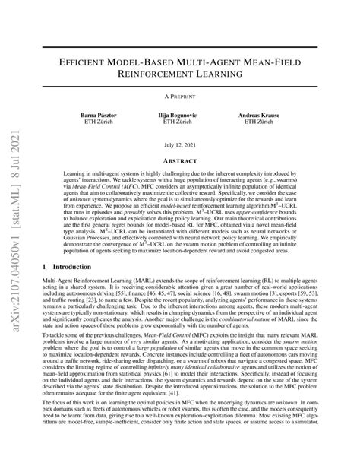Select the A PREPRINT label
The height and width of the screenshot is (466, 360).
click(x=180, y=98)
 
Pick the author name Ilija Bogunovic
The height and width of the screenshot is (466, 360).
click(x=180, y=115)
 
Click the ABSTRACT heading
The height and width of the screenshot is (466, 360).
click(x=180, y=161)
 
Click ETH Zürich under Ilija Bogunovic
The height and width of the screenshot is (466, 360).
click(x=180, y=122)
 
